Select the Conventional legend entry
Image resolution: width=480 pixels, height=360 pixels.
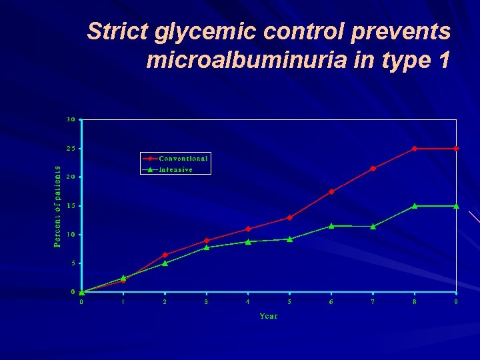click(x=183, y=159)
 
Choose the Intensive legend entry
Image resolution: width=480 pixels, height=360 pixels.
click(x=176, y=169)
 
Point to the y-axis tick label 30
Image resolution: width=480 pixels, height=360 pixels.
click(x=71, y=119)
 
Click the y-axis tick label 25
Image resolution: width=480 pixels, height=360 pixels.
click(x=71, y=148)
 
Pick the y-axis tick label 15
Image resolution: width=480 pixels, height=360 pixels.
click(x=71, y=206)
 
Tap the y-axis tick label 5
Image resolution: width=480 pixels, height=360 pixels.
click(x=73, y=263)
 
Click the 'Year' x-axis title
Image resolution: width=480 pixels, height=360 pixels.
click(x=269, y=316)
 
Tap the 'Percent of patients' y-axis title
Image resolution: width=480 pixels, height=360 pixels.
click(x=57, y=207)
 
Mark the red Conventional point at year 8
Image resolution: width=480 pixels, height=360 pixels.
click(x=415, y=149)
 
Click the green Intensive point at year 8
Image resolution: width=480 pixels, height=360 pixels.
click(x=415, y=206)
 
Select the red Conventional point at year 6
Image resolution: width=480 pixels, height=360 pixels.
click(x=331, y=191)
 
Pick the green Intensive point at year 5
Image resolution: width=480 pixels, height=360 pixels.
click(x=289, y=239)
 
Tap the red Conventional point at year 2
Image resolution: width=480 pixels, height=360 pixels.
click(x=165, y=255)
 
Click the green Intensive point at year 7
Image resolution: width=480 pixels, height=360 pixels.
click(x=373, y=227)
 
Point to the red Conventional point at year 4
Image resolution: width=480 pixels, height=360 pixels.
click(x=248, y=229)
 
